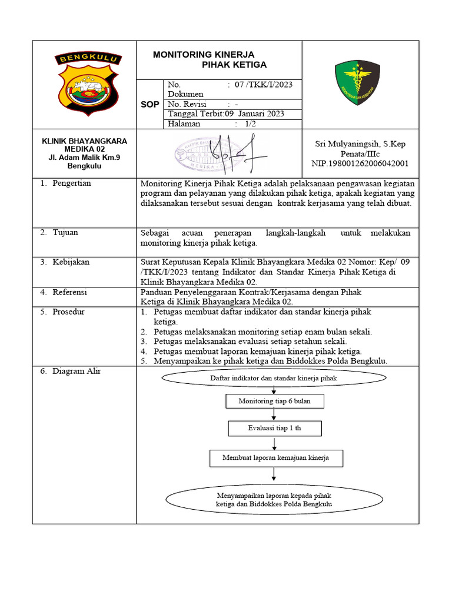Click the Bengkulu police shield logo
pyautogui.click(x=88, y=84)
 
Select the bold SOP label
pyautogui.click(x=149, y=105)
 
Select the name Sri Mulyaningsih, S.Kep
pyautogui.click(x=360, y=144)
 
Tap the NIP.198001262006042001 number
pyautogui.click(x=360, y=163)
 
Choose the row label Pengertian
pyautogui.click(x=71, y=183)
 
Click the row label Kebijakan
pyautogui.click(x=71, y=262)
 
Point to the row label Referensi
pyautogui.click(x=69, y=292)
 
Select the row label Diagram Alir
pyautogui.click(x=76, y=372)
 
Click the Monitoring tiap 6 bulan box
pyautogui.click(x=274, y=401)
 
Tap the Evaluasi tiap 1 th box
pyautogui.click(x=274, y=428)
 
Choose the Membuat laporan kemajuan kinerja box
pyautogui.click(x=275, y=457)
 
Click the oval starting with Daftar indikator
pyautogui.click(x=274, y=379)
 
